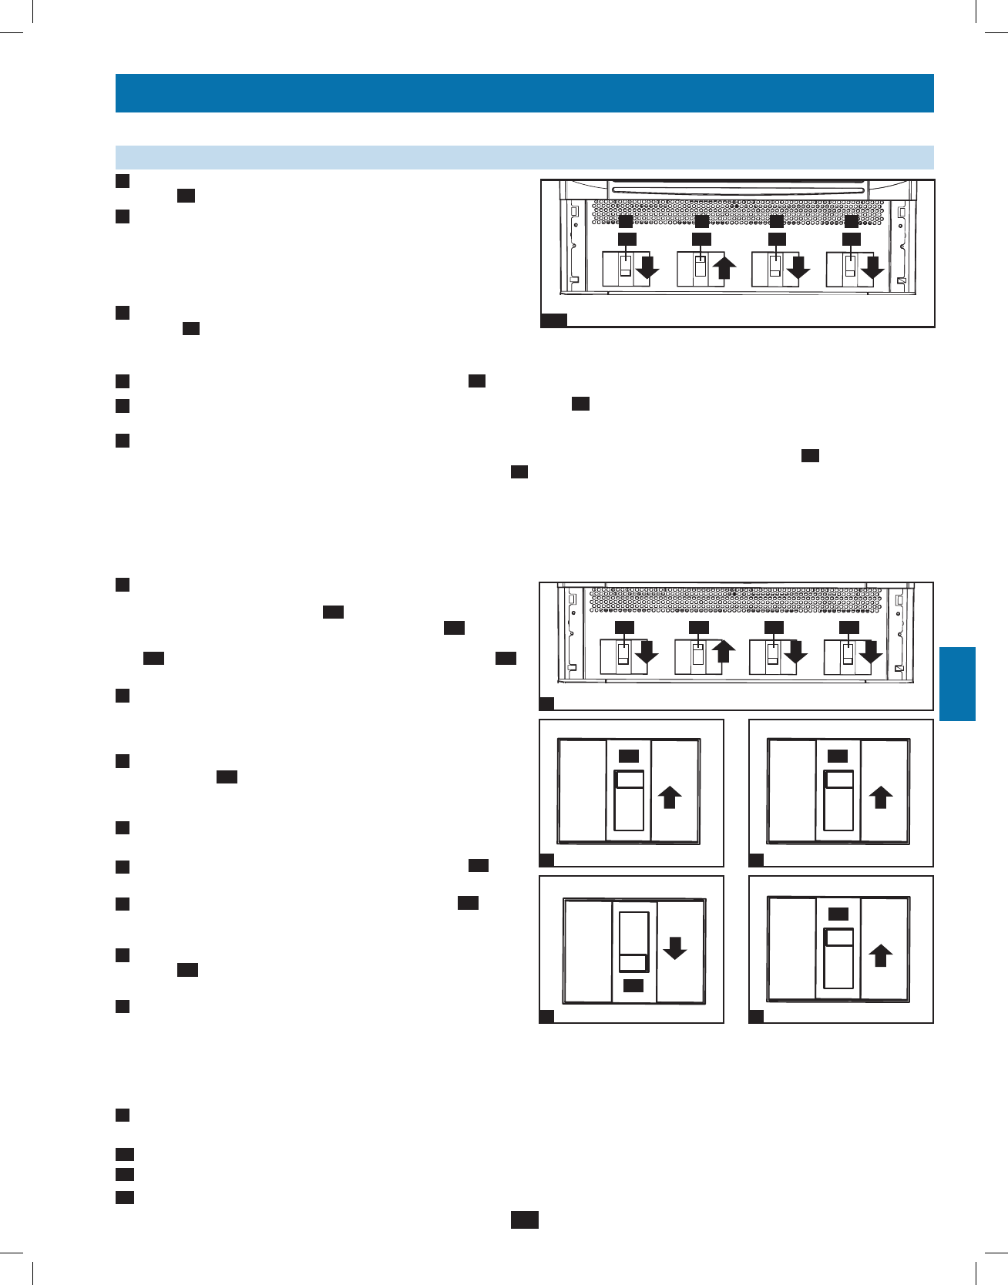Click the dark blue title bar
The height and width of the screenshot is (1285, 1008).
524,93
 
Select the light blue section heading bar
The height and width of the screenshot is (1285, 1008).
524,157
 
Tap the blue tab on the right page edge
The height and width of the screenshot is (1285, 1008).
957,684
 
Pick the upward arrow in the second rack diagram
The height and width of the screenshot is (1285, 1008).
722,653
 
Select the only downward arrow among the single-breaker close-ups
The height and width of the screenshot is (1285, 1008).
674,948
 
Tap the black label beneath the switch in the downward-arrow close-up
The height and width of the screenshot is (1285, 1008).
633,986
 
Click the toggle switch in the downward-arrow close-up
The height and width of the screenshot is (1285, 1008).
633,942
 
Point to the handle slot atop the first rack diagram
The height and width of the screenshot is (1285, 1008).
738,187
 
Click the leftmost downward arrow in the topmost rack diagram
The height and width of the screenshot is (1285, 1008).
648,268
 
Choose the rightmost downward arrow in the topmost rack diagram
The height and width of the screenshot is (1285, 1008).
872,268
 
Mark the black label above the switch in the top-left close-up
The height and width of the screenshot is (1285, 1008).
629,756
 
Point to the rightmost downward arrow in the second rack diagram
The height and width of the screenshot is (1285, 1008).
871,653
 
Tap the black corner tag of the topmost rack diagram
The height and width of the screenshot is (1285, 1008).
553,320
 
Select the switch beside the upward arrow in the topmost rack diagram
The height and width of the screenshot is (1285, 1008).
701,267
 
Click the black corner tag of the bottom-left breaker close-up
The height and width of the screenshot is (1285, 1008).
546,1017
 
